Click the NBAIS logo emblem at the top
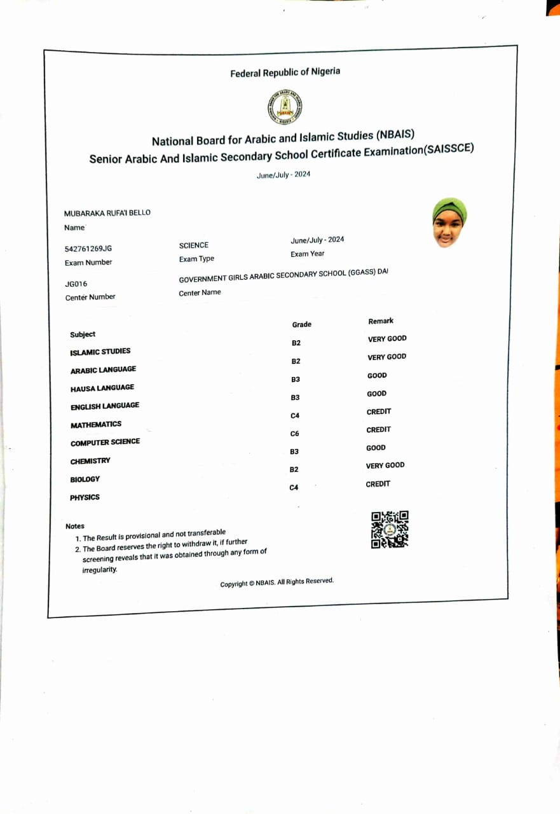click(x=284, y=107)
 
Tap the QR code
click(x=390, y=529)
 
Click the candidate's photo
click(x=449, y=222)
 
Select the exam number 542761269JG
click(x=88, y=249)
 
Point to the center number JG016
click(x=76, y=284)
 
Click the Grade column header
click(x=301, y=324)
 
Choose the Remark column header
click(x=381, y=321)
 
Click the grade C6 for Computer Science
click(x=294, y=434)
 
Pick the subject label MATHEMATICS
click(x=96, y=424)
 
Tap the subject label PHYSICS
click(x=85, y=497)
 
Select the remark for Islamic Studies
click(x=387, y=339)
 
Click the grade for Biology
click(x=294, y=469)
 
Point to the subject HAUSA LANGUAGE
click(x=102, y=388)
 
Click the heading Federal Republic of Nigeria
click(x=285, y=72)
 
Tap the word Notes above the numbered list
click(x=74, y=526)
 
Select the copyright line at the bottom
click(x=277, y=583)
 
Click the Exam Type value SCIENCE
click(x=194, y=245)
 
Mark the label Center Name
click(x=200, y=293)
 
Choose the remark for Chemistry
click(x=376, y=448)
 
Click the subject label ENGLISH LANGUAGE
click(x=105, y=406)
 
